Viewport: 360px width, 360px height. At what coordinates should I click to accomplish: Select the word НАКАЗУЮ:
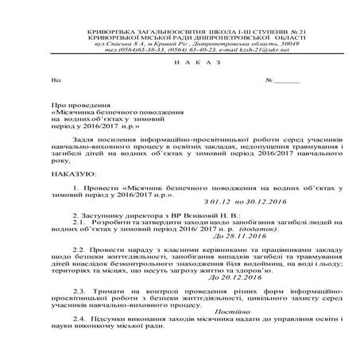pyautogui.click(x=68, y=171)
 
